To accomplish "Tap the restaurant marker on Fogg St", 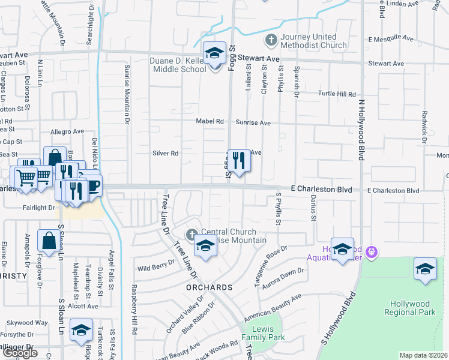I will (239, 160).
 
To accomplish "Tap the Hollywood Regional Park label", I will (412, 308).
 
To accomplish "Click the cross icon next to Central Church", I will (191, 233).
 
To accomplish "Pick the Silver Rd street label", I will (166, 153).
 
